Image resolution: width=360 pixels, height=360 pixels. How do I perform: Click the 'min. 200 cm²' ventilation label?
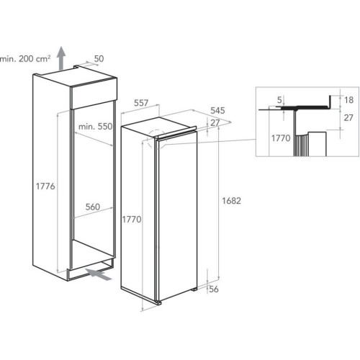(25, 58)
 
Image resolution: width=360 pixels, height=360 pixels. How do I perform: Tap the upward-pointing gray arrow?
(61, 58)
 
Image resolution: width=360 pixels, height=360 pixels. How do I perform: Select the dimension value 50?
(99, 58)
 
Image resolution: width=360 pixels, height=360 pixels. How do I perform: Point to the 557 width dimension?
(141, 103)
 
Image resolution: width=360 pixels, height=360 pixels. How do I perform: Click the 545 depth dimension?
(217, 110)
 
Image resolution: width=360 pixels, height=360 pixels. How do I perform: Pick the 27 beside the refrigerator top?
(215, 123)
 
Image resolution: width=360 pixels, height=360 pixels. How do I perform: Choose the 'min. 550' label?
(96, 127)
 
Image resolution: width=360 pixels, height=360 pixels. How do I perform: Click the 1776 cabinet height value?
(45, 186)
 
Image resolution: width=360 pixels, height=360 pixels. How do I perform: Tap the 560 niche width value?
(93, 207)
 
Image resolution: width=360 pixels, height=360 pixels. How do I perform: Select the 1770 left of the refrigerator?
(132, 219)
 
